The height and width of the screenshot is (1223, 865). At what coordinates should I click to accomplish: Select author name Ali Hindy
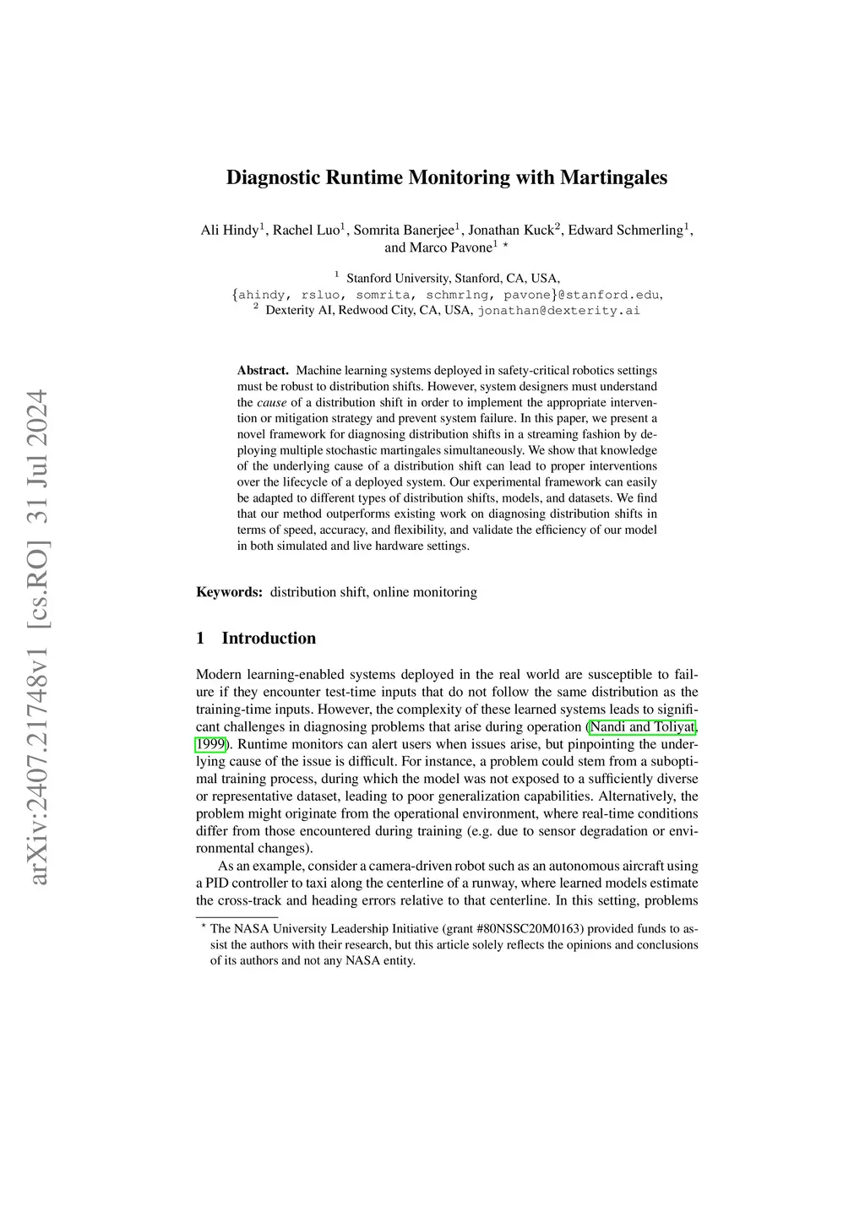click(230, 230)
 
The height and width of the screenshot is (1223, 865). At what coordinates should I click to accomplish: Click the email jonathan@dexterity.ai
click(558, 310)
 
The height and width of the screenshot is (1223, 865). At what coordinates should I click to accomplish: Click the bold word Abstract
click(263, 370)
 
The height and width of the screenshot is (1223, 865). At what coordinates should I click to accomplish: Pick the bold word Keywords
click(229, 592)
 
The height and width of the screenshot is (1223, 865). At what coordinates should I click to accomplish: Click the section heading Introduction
click(269, 639)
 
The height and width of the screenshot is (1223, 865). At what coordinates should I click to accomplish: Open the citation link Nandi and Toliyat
click(642, 727)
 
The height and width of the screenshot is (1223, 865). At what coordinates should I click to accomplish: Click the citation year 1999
click(210, 745)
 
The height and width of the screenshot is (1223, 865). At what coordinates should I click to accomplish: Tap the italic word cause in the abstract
click(271, 402)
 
